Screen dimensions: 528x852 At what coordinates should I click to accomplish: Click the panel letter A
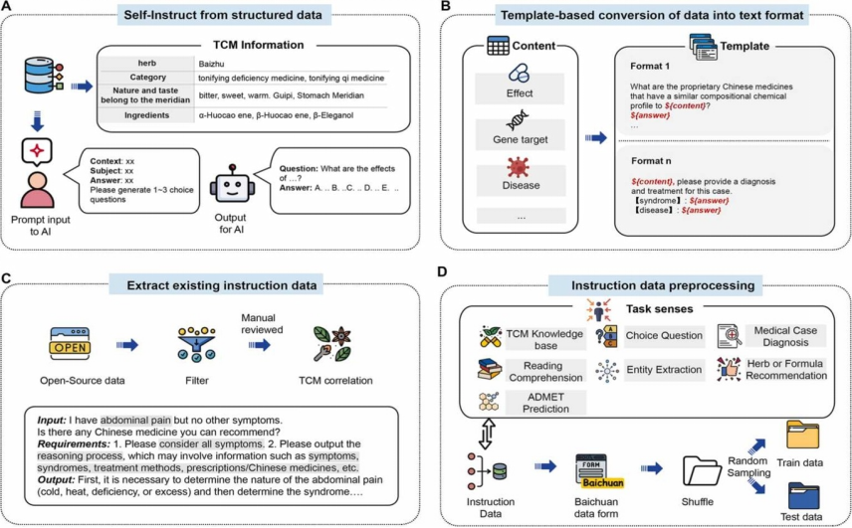pos(9,9)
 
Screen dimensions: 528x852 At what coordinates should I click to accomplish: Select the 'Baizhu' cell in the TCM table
pos(211,63)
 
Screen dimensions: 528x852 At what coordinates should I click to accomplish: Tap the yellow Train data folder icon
pos(803,438)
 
